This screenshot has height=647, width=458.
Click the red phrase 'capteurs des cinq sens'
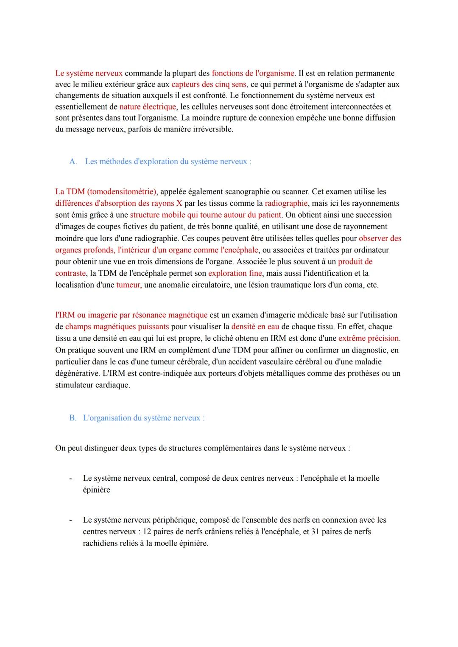[x=209, y=84]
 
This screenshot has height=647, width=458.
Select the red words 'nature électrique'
[x=147, y=106]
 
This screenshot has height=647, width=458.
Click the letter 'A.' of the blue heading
[x=73, y=162]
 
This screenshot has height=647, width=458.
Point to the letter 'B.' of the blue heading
[x=73, y=418]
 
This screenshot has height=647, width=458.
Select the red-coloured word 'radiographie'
[x=286, y=203]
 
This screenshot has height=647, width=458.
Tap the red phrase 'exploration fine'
[x=235, y=273]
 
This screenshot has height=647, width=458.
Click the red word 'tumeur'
[x=128, y=285]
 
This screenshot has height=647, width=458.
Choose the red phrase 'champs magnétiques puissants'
[x=117, y=327]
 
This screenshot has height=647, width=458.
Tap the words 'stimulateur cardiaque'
[x=92, y=385]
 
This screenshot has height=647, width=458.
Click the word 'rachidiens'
[x=101, y=543]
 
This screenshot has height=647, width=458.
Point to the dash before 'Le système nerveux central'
[x=70, y=479]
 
